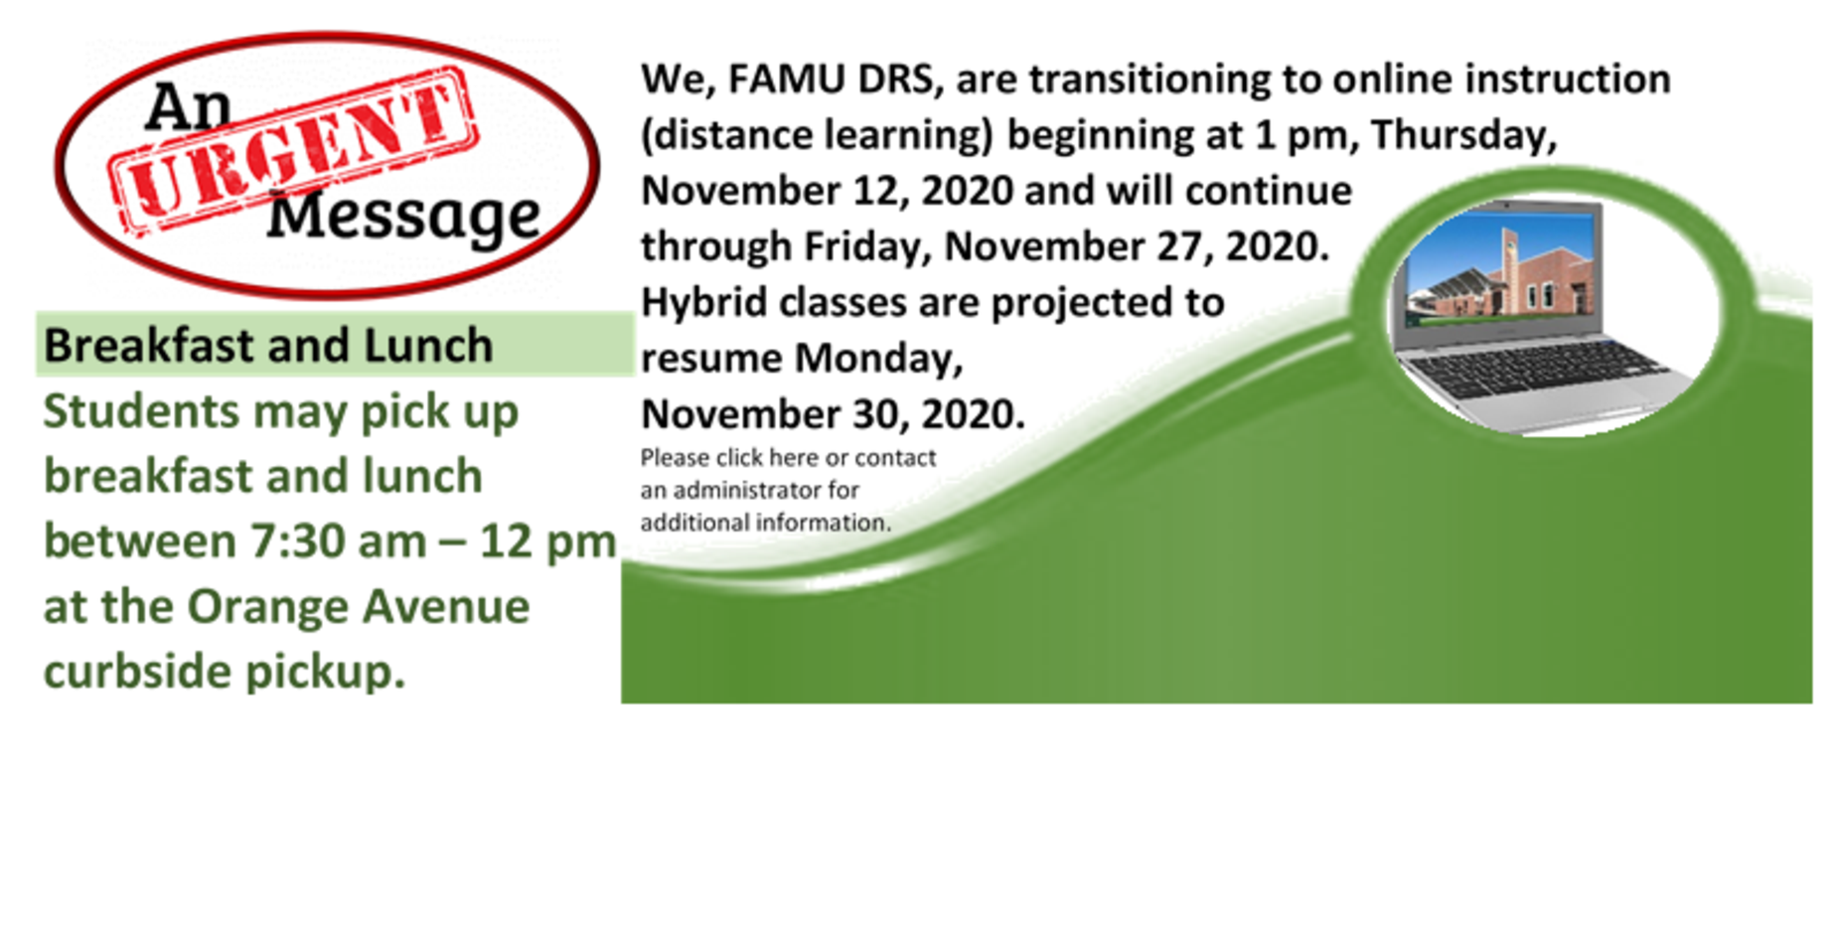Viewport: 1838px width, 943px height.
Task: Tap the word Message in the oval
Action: click(x=403, y=216)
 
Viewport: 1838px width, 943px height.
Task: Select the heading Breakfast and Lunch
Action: click(x=268, y=346)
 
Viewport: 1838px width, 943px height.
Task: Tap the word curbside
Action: click(x=137, y=672)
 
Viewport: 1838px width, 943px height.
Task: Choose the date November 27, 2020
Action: click(x=1137, y=246)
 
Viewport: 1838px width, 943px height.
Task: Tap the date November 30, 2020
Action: click(x=833, y=414)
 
